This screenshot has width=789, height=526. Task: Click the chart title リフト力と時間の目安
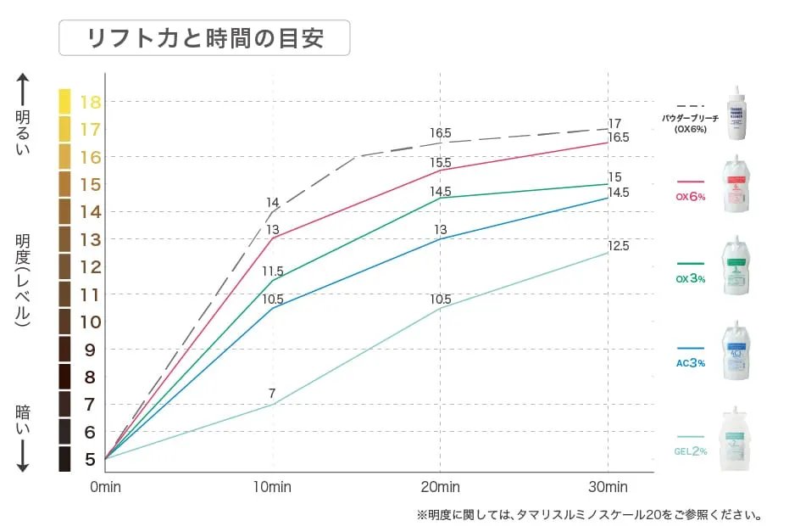point(204,38)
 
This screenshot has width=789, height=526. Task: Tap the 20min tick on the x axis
point(441,487)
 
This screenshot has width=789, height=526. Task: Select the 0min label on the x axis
point(106,487)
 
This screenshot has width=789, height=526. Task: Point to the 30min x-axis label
point(608,487)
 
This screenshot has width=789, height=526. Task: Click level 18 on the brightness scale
point(91,103)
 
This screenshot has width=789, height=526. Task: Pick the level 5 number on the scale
point(91,460)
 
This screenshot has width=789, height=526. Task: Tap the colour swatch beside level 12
point(65,266)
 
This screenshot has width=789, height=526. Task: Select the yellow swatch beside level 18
point(65,102)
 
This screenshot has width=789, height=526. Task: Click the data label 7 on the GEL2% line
point(272,394)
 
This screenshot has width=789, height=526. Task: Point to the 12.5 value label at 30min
point(619,246)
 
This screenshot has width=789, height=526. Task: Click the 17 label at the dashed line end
point(615,124)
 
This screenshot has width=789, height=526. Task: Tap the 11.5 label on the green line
point(272,271)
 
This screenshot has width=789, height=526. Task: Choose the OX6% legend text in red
point(691,196)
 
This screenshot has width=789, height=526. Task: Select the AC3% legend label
point(691,362)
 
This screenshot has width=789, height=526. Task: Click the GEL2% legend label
point(691,450)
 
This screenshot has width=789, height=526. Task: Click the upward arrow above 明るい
point(23,89)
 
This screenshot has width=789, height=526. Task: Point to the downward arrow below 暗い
point(23,456)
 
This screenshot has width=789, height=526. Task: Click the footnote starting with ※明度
point(590,514)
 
